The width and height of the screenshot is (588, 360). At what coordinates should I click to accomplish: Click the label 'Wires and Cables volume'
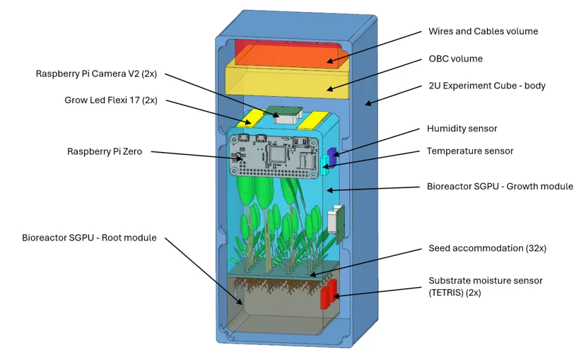(x=483, y=31)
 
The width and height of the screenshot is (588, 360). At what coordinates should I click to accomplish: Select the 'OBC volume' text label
(x=456, y=59)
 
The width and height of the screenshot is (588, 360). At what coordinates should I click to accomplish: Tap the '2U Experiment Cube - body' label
(x=487, y=86)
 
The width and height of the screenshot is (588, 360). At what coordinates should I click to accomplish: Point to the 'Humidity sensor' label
(x=462, y=129)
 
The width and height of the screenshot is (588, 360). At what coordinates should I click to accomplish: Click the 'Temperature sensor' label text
(x=470, y=151)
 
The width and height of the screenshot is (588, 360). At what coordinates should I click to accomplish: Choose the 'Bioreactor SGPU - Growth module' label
(x=500, y=186)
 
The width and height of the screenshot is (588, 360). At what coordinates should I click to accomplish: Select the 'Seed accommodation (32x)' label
(x=488, y=248)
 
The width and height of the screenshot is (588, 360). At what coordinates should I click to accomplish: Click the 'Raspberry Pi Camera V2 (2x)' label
(x=96, y=74)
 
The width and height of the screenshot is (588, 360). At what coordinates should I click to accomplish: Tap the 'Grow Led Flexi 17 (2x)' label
(x=111, y=100)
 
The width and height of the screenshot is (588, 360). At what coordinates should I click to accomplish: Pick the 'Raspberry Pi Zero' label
(x=105, y=151)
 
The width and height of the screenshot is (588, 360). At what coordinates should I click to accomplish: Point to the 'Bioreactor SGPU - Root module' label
(x=89, y=238)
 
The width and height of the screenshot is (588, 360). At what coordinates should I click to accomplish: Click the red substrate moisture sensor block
(x=329, y=294)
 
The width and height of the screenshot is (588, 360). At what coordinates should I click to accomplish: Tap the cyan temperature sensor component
(x=324, y=166)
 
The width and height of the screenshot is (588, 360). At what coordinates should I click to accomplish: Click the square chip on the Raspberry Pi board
(x=278, y=154)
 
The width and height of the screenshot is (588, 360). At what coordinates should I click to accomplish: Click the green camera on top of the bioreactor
(x=284, y=114)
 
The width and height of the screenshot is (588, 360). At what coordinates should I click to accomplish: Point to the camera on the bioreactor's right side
(x=336, y=223)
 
